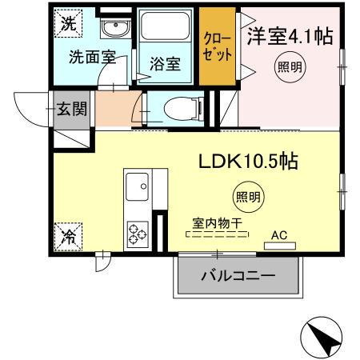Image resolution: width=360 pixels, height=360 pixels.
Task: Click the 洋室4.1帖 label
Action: (290, 36)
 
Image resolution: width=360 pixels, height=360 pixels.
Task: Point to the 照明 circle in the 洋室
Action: (290, 67)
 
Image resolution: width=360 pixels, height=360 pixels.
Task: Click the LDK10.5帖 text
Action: (248, 162)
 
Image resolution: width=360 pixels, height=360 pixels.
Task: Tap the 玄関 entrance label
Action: (70, 110)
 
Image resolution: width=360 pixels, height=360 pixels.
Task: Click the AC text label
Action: (279, 235)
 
